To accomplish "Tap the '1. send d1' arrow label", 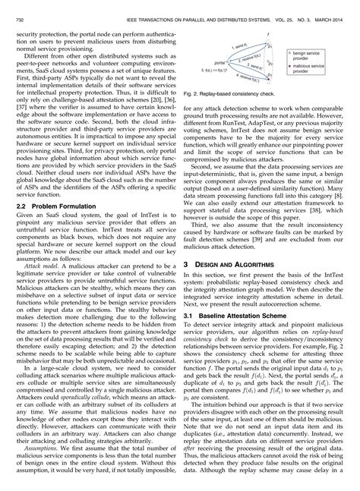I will [x=233, y=47].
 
